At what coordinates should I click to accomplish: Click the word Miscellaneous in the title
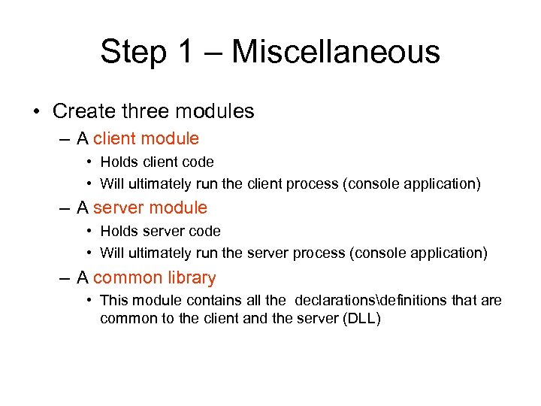[336, 52]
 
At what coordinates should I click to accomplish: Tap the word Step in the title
[133, 52]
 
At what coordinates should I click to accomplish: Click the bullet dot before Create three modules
[37, 112]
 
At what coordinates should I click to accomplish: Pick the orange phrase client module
[146, 138]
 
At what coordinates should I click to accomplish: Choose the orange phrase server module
[150, 208]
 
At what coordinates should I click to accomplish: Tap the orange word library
[192, 277]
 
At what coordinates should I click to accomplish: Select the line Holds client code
[156, 162]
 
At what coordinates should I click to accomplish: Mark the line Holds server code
[160, 231]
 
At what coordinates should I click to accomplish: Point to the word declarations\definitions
[372, 301]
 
